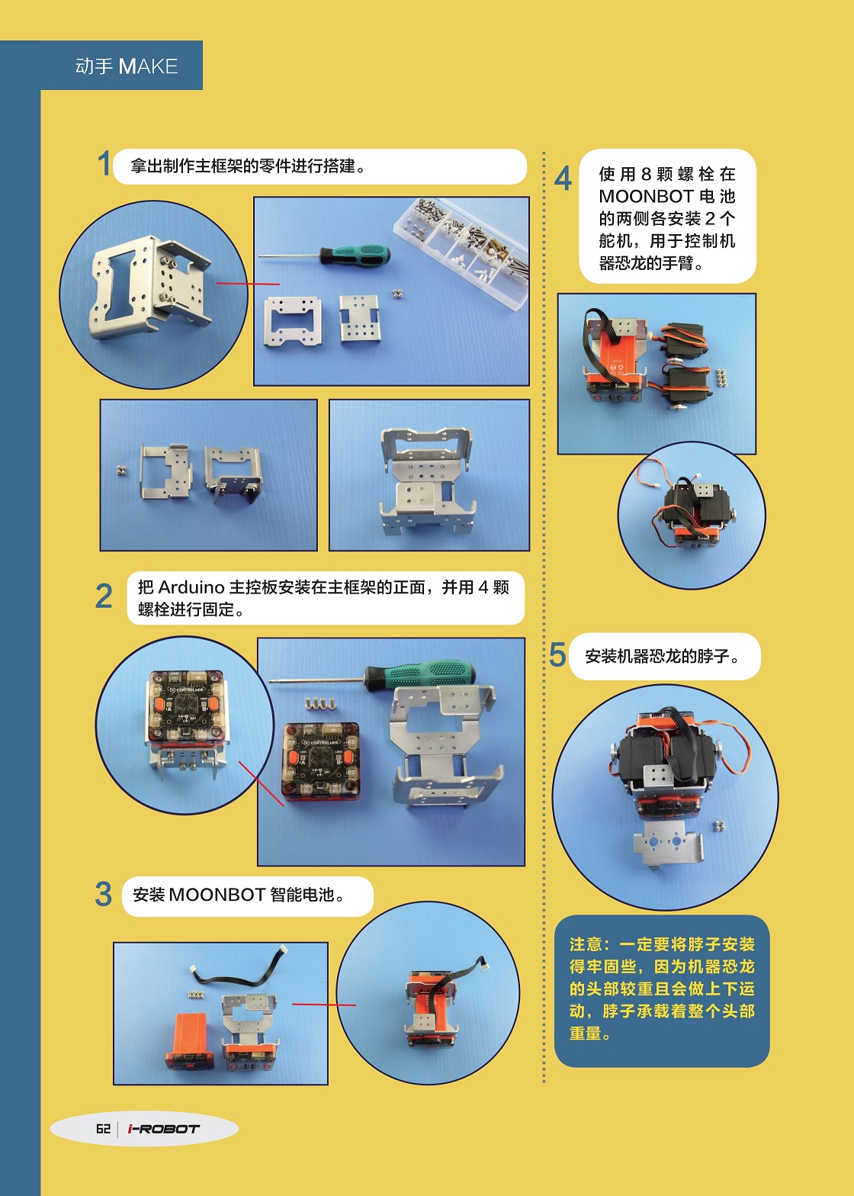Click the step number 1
104,163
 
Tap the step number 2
104,596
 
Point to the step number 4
563,178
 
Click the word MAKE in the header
149,66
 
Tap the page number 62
103,1128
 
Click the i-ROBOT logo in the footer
163,1129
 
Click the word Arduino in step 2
191,587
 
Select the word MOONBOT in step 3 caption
217,894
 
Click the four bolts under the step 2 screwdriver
319,704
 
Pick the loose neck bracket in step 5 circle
668,845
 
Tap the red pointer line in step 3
324,1005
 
